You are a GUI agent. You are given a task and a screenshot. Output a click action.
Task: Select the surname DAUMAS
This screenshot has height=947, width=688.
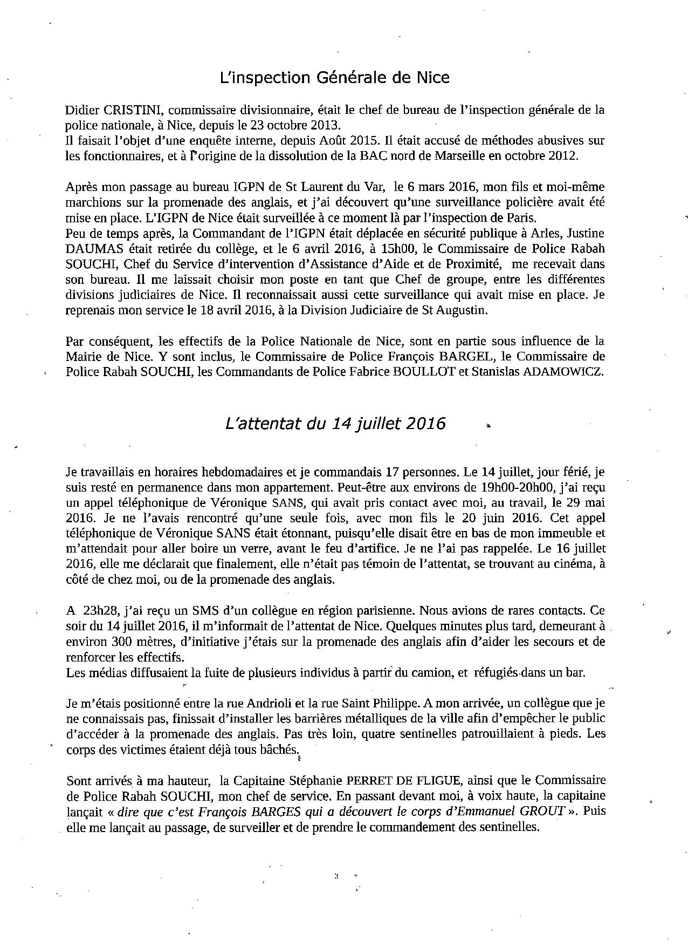click(x=94, y=249)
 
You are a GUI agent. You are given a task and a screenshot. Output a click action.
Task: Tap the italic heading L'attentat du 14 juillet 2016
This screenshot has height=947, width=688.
click(x=335, y=424)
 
